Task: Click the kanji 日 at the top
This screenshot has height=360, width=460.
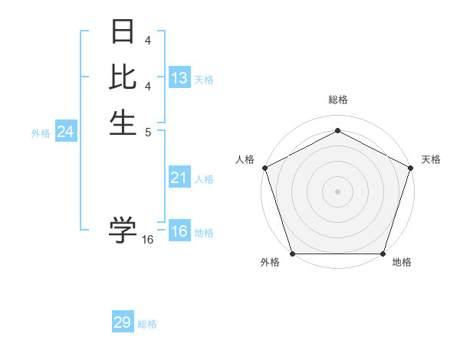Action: [123, 33]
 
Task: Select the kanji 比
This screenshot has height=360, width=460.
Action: [123, 77]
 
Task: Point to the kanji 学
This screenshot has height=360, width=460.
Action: [123, 230]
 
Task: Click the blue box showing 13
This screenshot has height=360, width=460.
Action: [179, 78]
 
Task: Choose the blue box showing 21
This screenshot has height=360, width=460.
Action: [179, 178]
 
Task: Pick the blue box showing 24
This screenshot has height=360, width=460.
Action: [66, 132]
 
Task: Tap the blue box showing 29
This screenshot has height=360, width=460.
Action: [123, 322]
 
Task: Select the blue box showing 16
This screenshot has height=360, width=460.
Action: [179, 231]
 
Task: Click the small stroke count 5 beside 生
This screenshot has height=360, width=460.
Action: [148, 131]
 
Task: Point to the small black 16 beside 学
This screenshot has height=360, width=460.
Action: [148, 240]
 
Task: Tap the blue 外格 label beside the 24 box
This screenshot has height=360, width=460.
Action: [41, 133]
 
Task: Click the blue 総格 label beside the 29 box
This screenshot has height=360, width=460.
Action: [147, 324]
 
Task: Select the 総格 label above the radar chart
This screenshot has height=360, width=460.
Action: [337, 100]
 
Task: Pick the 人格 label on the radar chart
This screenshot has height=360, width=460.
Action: [245, 159]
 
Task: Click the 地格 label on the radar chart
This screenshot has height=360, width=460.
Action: [402, 263]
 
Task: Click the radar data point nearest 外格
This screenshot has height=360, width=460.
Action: [292, 254]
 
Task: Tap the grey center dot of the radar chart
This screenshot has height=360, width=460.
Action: [337, 191]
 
